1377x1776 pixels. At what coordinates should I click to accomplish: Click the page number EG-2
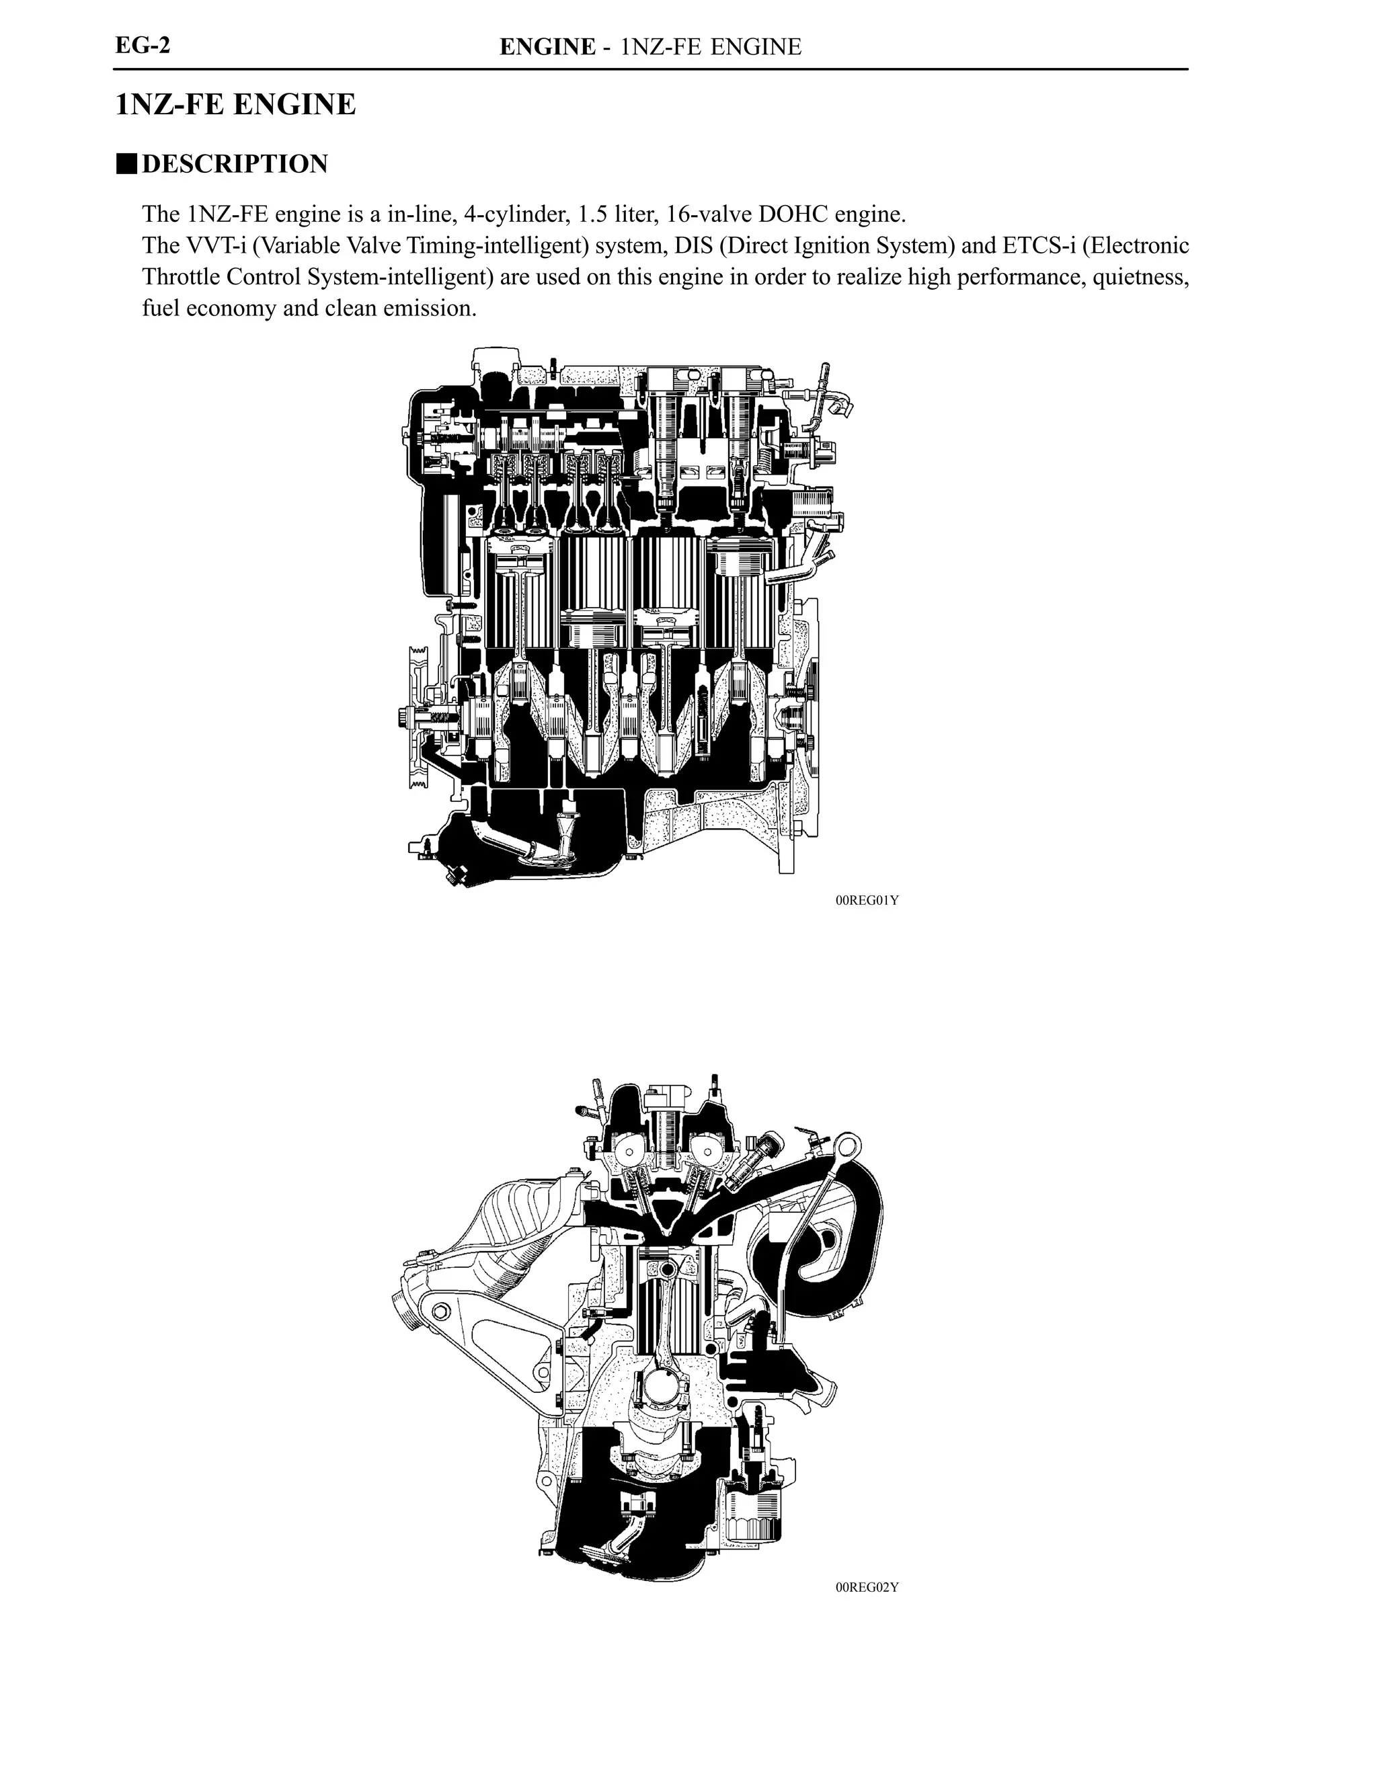point(143,45)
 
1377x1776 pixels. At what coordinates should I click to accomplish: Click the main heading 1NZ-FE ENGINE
point(236,105)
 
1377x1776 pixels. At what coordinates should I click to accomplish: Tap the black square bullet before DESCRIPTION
point(126,163)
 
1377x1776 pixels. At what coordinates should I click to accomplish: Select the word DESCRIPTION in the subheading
point(235,163)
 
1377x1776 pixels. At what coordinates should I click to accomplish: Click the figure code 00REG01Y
point(867,900)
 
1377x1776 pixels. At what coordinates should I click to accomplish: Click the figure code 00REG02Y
point(867,1587)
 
